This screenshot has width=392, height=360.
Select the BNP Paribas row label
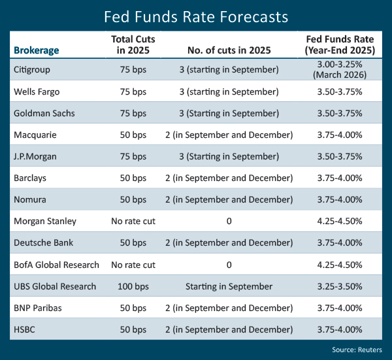36,307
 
